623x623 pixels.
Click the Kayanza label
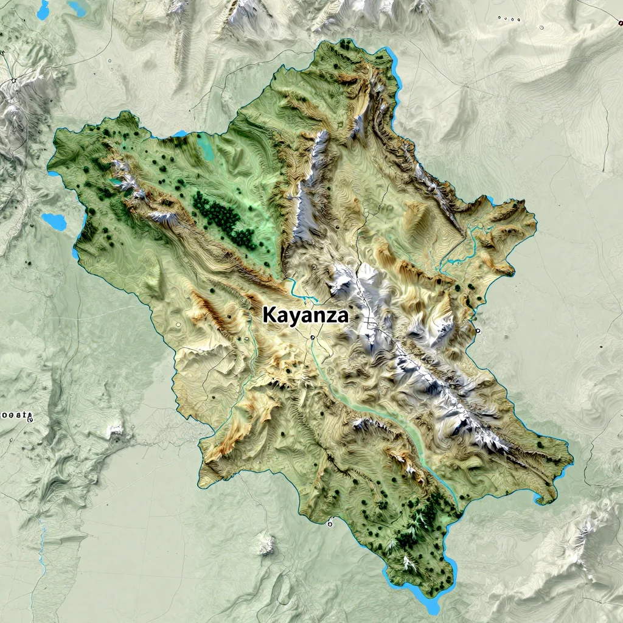tap(306, 315)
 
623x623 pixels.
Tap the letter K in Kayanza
tap(270, 315)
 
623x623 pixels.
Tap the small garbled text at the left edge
tap(15, 416)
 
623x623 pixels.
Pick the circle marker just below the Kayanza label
tap(312, 336)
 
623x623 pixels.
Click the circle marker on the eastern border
tap(478, 330)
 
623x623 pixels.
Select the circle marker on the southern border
tap(330, 522)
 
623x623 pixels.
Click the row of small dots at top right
tap(509, 19)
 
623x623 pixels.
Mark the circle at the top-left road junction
tap(13, 80)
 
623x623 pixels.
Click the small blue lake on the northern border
tap(180, 133)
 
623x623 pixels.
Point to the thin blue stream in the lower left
tap(42, 548)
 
